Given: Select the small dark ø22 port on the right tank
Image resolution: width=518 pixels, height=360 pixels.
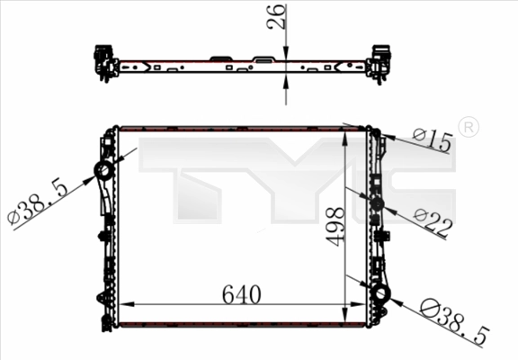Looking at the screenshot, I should tap(377, 204).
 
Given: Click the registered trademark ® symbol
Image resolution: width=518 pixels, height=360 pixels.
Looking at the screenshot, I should tap(469, 127).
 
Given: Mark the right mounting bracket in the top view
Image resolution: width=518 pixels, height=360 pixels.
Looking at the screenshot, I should tap(380, 63).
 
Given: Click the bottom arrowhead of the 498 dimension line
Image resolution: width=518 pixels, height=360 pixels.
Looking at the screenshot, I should tap(346, 319).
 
